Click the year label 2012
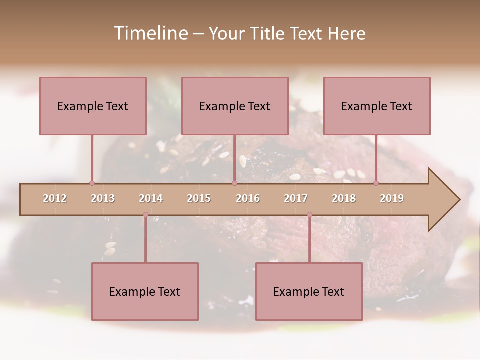[55, 198]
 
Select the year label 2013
[103, 198]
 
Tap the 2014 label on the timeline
[151, 198]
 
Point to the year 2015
[199, 198]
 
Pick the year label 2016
[248, 198]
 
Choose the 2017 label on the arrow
[296, 198]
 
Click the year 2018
[344, 198]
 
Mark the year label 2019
[392, 198]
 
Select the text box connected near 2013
[93, 106]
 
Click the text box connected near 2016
[235, 106]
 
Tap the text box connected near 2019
[377, 106]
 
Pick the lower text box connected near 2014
[145, 291]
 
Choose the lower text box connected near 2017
[309, 291]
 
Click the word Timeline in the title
[150, 33]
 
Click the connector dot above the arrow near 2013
[92, 183]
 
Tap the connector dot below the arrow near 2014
[145, 215]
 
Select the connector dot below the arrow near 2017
[309, 215]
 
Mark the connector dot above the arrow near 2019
[376, 183]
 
